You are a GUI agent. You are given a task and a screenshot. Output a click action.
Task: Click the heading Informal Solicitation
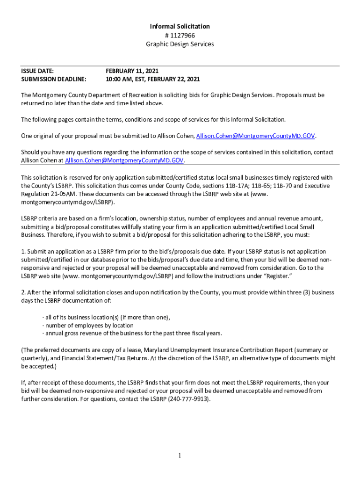(x=180, y=27)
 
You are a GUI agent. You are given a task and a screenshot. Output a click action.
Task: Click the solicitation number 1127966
(x=182, y=35)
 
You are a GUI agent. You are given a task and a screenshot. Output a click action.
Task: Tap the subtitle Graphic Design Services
(x=180, y=44)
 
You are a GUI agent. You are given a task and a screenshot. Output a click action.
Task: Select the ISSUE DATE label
(x=37, y=71)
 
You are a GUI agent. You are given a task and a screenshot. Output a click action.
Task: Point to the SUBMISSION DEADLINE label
(x=54, y=79)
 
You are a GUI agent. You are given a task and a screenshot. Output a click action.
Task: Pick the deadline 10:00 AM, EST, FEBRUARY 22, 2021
(x=153, y=79)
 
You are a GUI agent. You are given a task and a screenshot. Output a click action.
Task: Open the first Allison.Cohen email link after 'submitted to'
(x=256, y=136)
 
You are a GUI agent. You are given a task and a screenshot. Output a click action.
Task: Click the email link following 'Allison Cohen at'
(x=124, y=161)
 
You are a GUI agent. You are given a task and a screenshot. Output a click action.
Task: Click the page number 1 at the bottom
(x=180, y=456)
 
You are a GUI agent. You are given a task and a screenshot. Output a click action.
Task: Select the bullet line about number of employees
(x=89, y=326)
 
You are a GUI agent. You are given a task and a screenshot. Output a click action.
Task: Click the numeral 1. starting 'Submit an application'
(x=23, y=252)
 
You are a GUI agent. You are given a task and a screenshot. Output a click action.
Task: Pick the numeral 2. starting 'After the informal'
(x=23, y=292)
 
